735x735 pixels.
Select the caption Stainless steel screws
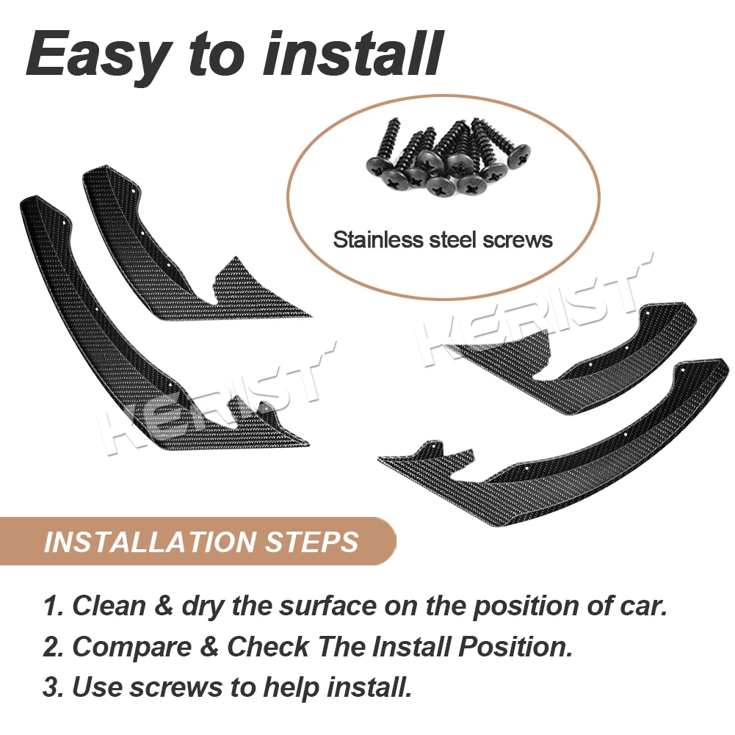(x=443, y=239)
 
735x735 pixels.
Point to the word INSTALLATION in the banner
(x=146, y=542)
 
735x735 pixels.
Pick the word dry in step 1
(x=201, y=606)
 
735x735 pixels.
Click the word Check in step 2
(x=268, y=647)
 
